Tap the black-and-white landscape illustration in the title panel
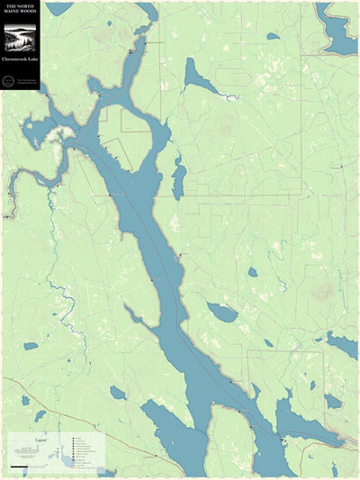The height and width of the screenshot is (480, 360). tap(20, 39)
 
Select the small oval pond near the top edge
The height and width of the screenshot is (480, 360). tap(273, 36)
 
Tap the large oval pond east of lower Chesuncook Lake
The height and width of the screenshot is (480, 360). tap(222, 312)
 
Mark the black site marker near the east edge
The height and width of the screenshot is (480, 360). tap(341, 167)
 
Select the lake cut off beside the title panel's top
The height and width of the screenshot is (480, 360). tap(58, 8)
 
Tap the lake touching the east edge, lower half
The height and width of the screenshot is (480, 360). tap(343, 344)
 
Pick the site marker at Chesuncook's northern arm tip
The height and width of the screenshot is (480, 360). tap(131, 52)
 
